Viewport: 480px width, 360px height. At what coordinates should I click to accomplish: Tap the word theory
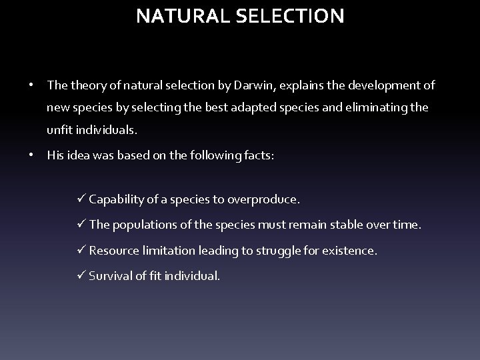tap(85, 85)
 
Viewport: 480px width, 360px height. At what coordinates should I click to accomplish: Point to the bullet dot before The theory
tap(32, 85)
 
